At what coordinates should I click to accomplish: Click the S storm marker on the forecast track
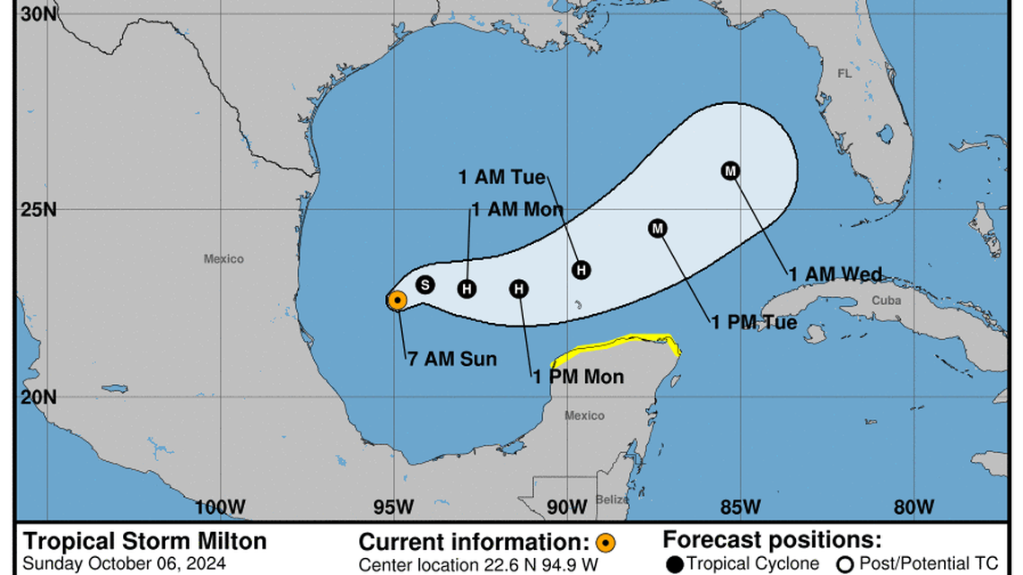click(425, 284)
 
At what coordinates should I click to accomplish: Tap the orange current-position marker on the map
click(397, 301)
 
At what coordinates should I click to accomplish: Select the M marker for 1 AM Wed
click(730, 170)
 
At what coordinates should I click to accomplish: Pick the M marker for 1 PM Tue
click(658, 229)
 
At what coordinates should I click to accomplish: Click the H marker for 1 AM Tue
click(581, 269)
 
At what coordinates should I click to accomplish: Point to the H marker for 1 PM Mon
click(519, 289)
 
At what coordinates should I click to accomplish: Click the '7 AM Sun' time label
click(450, 359)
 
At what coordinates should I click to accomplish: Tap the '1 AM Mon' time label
click(517, 210)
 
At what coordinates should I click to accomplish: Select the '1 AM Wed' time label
click(835, 274)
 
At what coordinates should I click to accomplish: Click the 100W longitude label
click(221, 507)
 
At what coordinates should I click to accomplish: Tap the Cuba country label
click(887, 301)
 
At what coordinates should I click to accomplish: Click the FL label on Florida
click(844, 74)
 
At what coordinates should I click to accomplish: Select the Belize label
click(611, 500)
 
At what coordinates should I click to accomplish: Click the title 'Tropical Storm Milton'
click(144, 542)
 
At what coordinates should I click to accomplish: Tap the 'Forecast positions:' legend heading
click(772, 541)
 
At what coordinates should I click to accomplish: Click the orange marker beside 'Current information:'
click(607, 543)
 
